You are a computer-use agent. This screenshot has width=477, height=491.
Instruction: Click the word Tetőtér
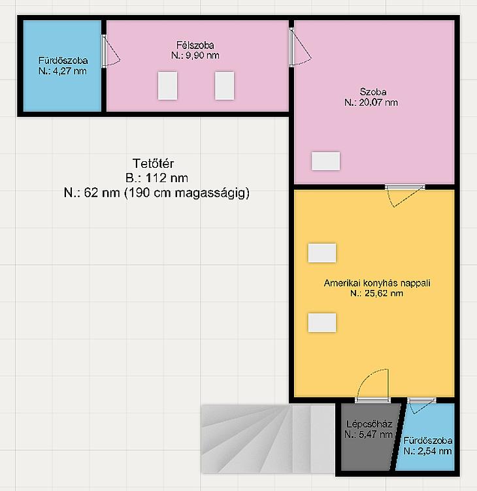(x=153, y=163)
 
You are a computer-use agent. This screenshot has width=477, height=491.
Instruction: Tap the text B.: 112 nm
(x=157, y=178)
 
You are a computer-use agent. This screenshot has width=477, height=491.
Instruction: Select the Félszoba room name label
(x=195, y=45)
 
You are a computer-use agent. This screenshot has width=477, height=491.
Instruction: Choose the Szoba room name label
(x=373, y=92)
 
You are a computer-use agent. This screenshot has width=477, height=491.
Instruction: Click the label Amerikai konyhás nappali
(x=377, y=283)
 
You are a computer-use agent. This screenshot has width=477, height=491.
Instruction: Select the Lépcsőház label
(x=369, y=424)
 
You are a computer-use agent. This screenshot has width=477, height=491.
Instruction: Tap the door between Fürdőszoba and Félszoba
(x=110, y=51)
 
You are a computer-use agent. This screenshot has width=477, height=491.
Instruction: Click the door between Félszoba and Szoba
(x=299, y=46)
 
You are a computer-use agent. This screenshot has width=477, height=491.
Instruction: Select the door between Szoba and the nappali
(x=404, y=195)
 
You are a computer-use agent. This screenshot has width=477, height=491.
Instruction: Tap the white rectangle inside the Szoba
(x=325, y=161)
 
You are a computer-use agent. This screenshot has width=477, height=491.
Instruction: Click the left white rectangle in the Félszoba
(x=168, y=86)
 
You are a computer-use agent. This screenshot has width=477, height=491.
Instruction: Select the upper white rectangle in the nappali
(x=322, y=253)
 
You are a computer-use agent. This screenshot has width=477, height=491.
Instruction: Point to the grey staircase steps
(x=268, y=439)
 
